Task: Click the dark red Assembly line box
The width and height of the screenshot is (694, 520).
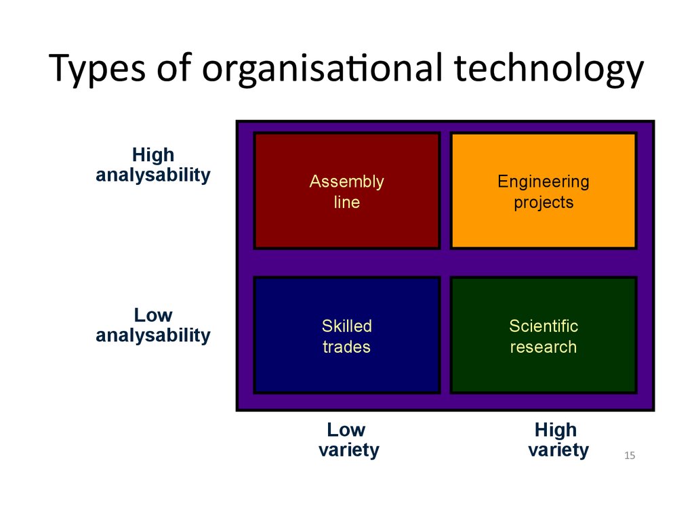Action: point(346,190)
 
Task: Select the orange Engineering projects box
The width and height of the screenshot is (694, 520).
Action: point(544,190)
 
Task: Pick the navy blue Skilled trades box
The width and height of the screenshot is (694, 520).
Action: point(346,335)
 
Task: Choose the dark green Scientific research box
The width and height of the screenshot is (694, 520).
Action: point(544,335)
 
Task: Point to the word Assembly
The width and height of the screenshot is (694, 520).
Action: point(346,181)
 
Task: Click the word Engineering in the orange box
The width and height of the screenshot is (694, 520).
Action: point(544,181)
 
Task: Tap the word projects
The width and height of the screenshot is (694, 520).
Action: point(544,202)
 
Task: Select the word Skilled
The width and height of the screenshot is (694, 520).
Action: point(346,326)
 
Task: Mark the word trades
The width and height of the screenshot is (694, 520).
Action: point(346,347)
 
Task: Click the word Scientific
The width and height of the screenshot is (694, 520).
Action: point(544,326)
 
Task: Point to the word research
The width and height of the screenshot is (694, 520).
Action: point(544,347)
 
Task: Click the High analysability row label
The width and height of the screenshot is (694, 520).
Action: point(153,165)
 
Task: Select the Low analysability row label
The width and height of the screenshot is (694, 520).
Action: point(153,326)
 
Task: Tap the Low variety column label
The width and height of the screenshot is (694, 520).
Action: point(349,439)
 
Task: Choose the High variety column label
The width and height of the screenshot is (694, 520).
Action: point(558,439)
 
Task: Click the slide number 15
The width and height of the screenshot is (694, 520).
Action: point(630,456)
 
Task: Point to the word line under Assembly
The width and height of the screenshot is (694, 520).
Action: point(346,202)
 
